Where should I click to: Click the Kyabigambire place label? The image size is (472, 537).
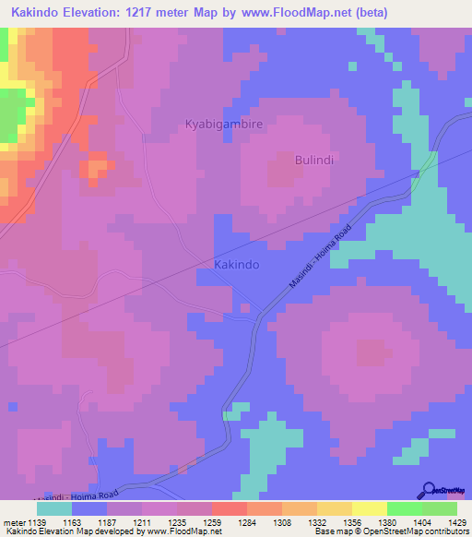pyautogui.click(x=224, y=124)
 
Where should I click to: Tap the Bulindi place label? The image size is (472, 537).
pyautogui.click(x=313, y=160)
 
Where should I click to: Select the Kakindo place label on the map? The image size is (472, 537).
pyautogui.click(x=236, y=264)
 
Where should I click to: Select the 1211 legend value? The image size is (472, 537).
pyautogui.click(x=141, y=522)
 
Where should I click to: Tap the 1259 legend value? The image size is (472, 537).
pyautogui.click(x=211, y=522)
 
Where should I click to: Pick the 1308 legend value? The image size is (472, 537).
pyautogui.click(x=281, y=522)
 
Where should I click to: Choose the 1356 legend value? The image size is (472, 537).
pyautogui.click(x=351, y=522)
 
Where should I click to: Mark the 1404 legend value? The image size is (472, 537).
pyautogui.click(x=421, y=522)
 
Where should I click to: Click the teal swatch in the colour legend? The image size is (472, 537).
pyautogui.click(x=53, y=508)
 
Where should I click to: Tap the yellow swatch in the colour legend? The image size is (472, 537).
pyautogui.click(x=369, y=508)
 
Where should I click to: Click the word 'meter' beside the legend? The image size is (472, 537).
pyautogui.click(x=14, y=522)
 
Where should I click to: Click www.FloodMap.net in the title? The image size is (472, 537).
pyautogui.click(x=287, y=13)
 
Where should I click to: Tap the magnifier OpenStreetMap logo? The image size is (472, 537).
pyautogui.click(x=430, y=491)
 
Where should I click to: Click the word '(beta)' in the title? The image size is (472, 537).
pyautogui.click(x=368, y=13)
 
